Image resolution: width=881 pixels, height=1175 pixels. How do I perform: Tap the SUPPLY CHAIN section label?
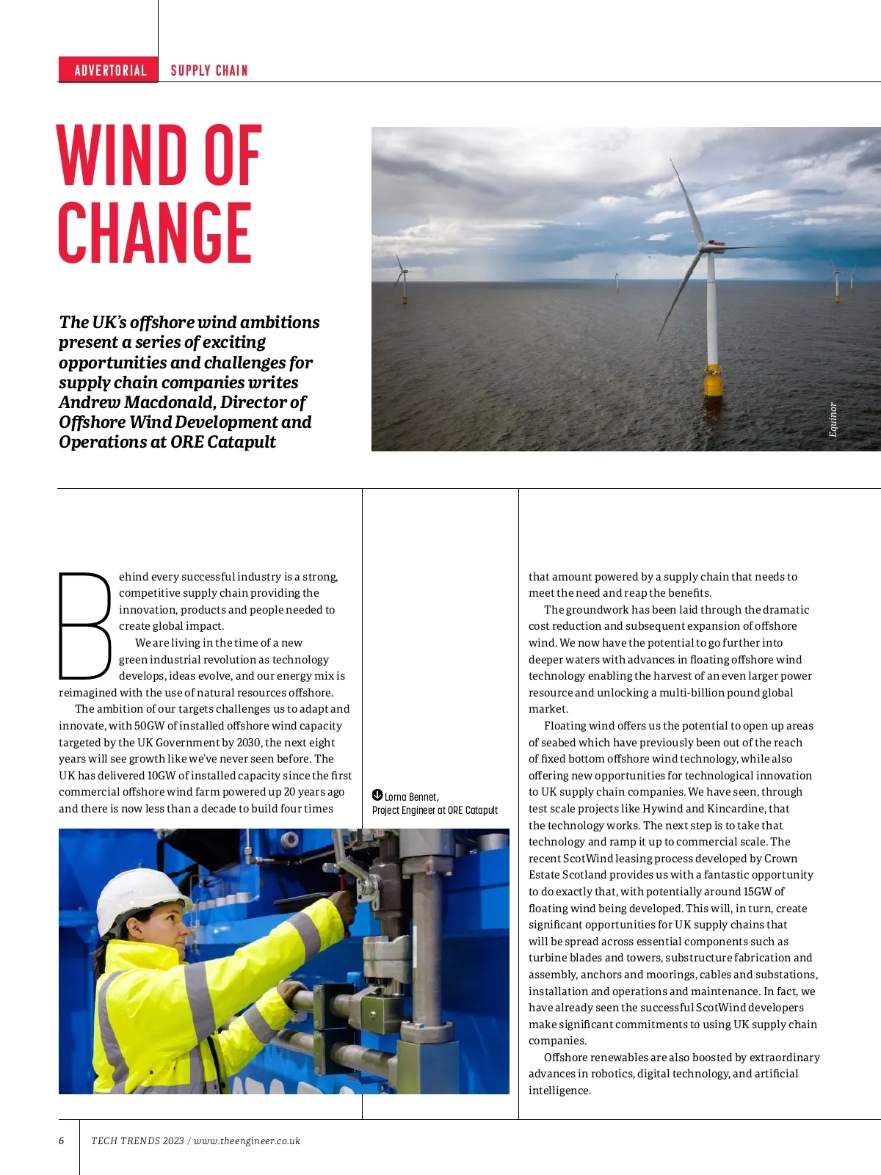point(209,70)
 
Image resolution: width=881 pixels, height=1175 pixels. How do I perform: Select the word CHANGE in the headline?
point(155,233)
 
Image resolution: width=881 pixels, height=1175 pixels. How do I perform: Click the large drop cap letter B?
point(84,626)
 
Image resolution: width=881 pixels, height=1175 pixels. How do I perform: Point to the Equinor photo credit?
point(833,420)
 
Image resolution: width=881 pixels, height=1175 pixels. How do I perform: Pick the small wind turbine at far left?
point(402,279)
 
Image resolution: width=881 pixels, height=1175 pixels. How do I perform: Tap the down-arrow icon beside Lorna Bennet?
point(377,796)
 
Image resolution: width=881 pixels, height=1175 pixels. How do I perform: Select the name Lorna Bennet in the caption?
point(411,797)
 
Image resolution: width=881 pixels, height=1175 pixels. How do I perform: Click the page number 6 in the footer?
point(62,1141)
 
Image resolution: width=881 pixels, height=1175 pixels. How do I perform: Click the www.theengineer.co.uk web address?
point(247,1141)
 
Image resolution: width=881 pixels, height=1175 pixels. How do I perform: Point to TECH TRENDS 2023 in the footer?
point(137,1141)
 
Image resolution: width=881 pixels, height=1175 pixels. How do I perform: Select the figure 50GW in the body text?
point(150,726)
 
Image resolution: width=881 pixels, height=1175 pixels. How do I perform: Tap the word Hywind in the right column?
point(663,809)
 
